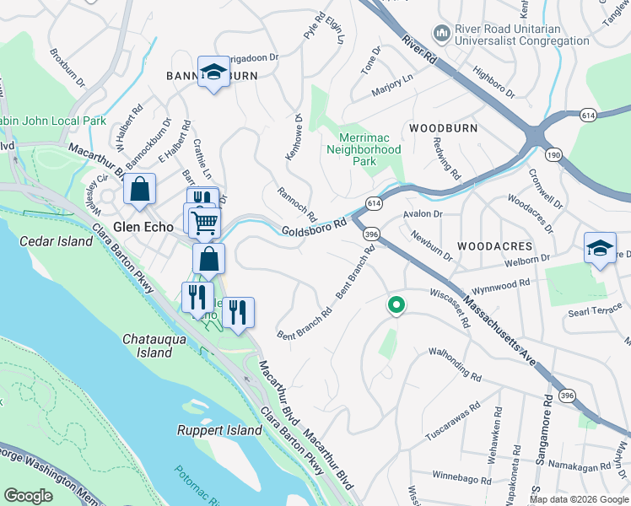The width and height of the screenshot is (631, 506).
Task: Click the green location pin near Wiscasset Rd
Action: pyautogui.click(x=395, y=304)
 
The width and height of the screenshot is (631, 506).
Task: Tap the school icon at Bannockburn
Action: pyautogui.click(x=213, y=73)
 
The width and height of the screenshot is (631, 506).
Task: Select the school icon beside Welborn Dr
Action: pyautogui.click(x=599, y=248)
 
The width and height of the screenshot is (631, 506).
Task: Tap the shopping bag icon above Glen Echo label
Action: pyautogui.click(x=139, y=190)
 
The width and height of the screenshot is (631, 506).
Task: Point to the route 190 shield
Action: pyautogui.click(x=553, y=154)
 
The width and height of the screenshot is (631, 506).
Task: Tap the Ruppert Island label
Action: pyautogui.click(x=219, y=430)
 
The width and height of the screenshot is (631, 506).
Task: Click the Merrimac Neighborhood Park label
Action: pyautogui.click(x=364, y=148)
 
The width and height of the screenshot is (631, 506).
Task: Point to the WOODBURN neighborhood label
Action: pyautogui.click(x=443, y=128)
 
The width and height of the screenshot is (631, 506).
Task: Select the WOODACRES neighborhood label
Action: pyautogui.click(x=494, y=245)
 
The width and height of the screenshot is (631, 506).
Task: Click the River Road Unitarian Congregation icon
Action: pyautogui.click(x=441, y=33)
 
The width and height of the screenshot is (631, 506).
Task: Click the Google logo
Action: pyautogui.click(x=29, y=496)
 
